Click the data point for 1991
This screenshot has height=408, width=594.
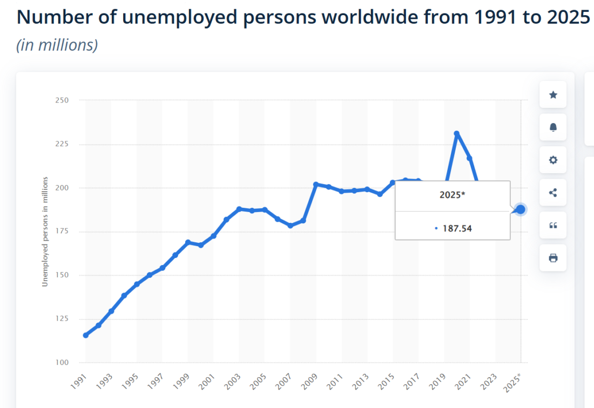click(85, 335)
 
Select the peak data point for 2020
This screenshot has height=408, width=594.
click(457, 133)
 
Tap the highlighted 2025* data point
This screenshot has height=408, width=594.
click(521, 209)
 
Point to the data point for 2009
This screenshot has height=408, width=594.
click(316, 185)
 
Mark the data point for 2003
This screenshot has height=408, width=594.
click(239, 209)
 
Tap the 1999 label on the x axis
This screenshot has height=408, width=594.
click(184, 381)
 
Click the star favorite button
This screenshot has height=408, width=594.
click(553, 95)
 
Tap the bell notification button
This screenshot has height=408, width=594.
click(553, 127)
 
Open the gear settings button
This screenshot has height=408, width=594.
click(553, 160)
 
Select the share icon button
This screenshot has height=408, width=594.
click(553, 193)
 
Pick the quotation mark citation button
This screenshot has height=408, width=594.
click(553, 225)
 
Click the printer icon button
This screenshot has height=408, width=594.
click(553, 258)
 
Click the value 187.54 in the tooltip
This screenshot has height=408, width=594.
click(456, 228)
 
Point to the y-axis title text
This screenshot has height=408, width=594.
click(45, 232)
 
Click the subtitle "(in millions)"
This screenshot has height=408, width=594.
click(57, 45)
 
